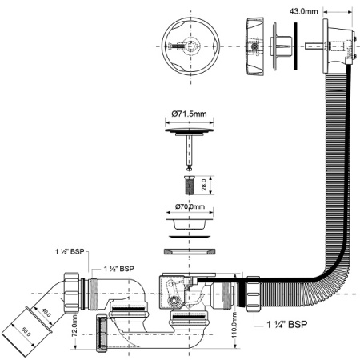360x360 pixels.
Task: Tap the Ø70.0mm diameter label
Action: click(189, 207)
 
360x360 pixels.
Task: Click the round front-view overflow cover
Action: click(186, 44)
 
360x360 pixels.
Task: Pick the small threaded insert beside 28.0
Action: click(190, 185)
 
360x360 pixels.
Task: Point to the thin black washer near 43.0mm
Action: click(295, 45)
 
